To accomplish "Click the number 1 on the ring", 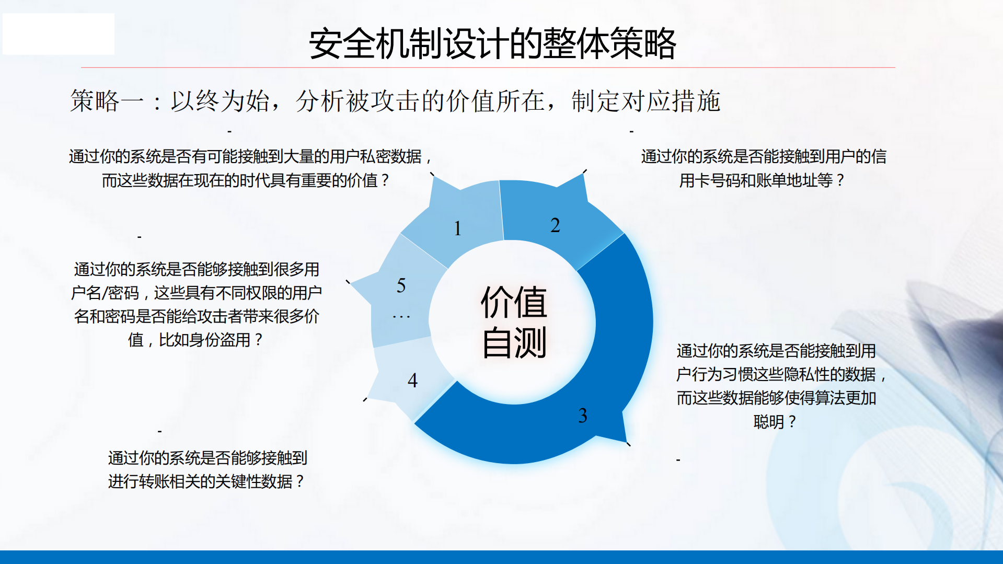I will coord(457,228).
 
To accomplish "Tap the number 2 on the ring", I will coord(555,225).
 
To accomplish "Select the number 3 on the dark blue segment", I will coord(583,416).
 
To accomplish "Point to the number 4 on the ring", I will coord(412,380).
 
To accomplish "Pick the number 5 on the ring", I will coord(401,285).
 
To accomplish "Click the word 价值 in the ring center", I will coord(513,302).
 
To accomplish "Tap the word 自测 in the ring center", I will coord(513,343).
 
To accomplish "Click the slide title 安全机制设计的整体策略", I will coord(492,44).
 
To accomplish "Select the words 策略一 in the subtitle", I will coord(107,101).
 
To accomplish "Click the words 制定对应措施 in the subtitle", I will coord(645,101).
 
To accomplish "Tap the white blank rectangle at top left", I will coord(59,34).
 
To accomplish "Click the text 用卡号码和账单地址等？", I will coord(762,180).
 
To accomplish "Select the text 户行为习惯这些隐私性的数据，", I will coord(781,374).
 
